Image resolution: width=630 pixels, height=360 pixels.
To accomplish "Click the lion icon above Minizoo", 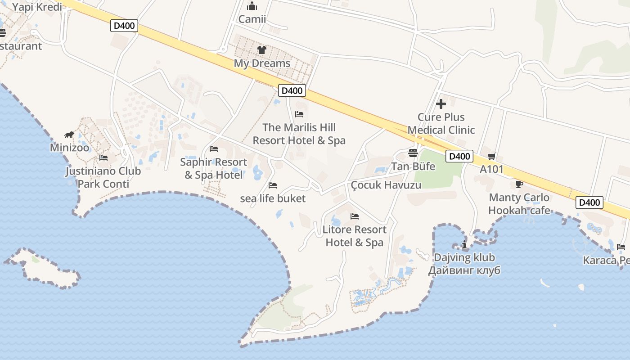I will (69, 135).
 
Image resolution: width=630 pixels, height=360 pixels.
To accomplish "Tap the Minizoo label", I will (69, 148).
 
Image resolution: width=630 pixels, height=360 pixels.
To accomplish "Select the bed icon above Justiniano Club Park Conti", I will (103, 158).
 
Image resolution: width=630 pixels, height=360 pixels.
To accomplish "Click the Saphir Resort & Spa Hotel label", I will (214, 168).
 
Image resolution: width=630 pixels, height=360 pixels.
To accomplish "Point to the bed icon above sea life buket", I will (273, 185).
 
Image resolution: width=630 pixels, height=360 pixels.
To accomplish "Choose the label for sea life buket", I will (273, 198).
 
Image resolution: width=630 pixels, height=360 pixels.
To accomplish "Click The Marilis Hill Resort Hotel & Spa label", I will (299, 134).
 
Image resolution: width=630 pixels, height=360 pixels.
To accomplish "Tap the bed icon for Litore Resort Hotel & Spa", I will (355, 216).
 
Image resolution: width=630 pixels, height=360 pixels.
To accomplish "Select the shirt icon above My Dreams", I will (261, 50).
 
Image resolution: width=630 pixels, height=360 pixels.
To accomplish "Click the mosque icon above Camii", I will (252, 6).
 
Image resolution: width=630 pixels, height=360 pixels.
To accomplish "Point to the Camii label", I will (252, 19).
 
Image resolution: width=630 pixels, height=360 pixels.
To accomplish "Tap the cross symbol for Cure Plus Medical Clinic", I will (441, 104).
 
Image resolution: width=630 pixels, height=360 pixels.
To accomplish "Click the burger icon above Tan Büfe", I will (413, 153).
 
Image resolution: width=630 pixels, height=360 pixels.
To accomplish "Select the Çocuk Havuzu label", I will (386, 185).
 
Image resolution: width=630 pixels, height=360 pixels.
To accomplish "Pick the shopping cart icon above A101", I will (491, 156).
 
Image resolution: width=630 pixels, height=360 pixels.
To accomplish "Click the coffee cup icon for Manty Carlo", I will (519, 184).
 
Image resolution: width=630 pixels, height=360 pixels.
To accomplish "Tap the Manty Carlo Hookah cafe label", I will (519, 204).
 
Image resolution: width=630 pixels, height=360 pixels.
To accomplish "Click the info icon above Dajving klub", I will (464, 245).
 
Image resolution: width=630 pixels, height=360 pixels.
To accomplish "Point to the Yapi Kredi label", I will (37, 7).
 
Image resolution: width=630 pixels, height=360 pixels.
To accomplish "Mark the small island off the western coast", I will (43, 268).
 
